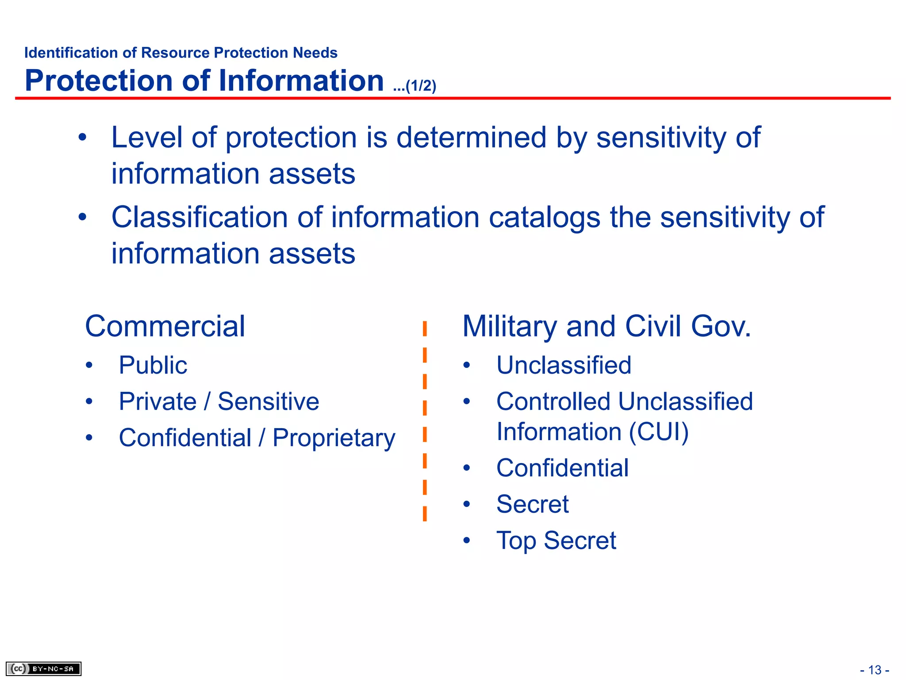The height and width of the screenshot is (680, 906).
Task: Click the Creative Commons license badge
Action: pyautogui.click(x=43, y=668)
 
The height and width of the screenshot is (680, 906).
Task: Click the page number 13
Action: pyautogui.click(x=875, y=670)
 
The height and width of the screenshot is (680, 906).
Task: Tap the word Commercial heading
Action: pyautogui.click(x=165, y=326)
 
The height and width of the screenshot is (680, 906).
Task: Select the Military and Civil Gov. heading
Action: pyautogui.click(x=606, y=326)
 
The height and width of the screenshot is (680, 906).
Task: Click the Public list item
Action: pyautogui.click(x=153, y=365)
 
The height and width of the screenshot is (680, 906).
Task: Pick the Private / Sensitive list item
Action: pyautogui.click(x=219, y=402)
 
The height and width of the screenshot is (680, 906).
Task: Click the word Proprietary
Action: pyautogui.click(x=334, y=438)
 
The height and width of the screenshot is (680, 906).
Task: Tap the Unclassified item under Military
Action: pyautogui.click(x=564, y=365)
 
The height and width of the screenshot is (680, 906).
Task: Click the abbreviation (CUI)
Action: pyautogui.click(x=659, y=432)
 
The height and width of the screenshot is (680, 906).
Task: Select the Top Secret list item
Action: pyautogui.click(x=556, y=541)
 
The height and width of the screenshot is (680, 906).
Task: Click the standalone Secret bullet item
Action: pyautogui.click(x=532, y=504)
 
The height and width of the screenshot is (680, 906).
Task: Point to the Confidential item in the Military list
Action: pyautogui.click(x=562, y=468)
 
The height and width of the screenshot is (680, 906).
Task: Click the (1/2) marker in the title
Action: pyautogui.click(x=421, y=86)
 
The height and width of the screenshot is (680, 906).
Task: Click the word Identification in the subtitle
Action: pyautogui.click(x=71, y=53)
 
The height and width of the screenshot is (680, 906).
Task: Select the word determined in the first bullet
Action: pyautogui.click(x=471, y=137)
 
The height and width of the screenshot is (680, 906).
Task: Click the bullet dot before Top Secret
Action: pyautogui.click(x=467, y=541)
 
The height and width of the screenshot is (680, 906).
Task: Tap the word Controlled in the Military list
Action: pyautogui.click(x=553, y=402)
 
